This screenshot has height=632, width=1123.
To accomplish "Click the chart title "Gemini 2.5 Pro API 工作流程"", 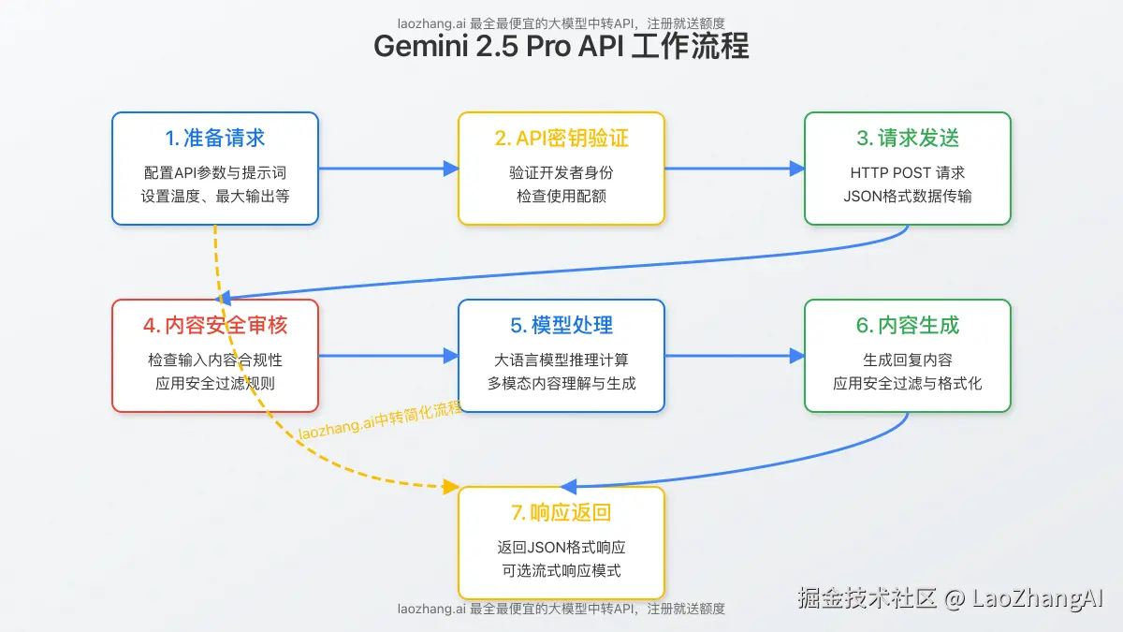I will pyautogui.click(x=561, y=46).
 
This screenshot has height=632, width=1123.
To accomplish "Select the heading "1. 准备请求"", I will pyautogui.click(x=215, y=139).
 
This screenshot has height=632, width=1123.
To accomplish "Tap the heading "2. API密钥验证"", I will pyautogui.click(x=561, y=139).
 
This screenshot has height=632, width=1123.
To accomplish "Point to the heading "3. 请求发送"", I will pyautogui.click(x=908, y=139).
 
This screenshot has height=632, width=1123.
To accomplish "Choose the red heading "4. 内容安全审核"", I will pyautogui.click(x=215, y=326).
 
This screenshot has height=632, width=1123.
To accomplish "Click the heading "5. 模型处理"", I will pyautogui.click(x=561, y=326).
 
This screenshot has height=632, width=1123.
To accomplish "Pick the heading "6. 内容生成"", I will pyautogui.click(x=908, y=326).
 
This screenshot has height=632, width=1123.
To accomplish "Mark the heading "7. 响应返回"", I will pyautogui.click(x=561, y=513).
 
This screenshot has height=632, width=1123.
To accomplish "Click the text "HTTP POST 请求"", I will pyautogui.click(x=908, y=173).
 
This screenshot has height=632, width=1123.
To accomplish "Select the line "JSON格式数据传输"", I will pyautogui.click(x=908, y=196).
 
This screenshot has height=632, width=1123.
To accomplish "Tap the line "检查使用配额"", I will pyautogui.click(x=561, y=196).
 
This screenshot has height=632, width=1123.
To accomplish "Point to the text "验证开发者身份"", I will pyautogui.click(x=561, y=173).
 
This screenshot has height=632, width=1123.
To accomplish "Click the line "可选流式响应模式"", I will pyautogui.click(x=561, y=570).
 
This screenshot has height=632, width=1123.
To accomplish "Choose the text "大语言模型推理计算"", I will pyautogui.click(x=561, y=360).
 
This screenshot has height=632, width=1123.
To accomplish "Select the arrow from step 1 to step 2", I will pyautogui.click(x=387, y=169).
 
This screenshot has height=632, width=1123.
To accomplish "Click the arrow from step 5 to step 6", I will pyautogui.click(x=734, y=356).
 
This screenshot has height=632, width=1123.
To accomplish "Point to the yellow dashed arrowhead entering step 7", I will pyautogui.click(x=450, y=487).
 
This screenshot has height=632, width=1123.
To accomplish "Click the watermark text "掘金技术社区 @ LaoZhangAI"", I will pyautogui.click(x=951, y=598).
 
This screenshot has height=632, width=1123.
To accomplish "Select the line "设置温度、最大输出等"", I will pyautogui.click(x=215, y=196).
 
